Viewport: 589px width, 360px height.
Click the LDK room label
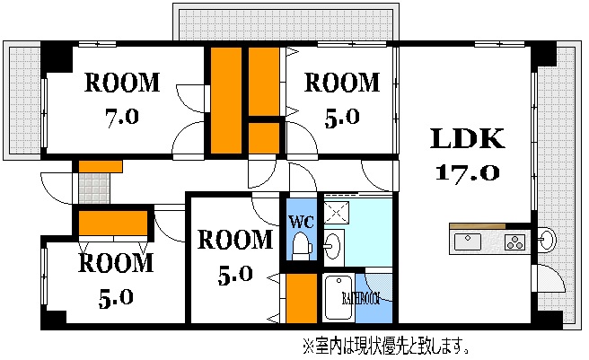(467, 139)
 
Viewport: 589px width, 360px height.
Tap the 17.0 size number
(468, 171)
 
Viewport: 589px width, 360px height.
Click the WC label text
(298, 221)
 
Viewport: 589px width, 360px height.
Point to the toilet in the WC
(301, 244)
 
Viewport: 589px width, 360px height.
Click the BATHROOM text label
(361, 297)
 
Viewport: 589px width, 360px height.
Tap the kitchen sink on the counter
(469, 241)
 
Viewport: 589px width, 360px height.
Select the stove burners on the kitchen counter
(515, 241)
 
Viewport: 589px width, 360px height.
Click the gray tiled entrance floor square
(92, 189)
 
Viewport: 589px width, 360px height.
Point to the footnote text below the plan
(386, 346)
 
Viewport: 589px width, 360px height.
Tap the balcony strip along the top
(283, 22)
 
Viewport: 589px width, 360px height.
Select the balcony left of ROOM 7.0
(22, 99)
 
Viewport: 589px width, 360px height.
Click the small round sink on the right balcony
(549, 239)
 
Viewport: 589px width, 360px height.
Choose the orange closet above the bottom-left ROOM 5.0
(113, 222)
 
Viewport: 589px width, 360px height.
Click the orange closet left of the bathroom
(302, 297)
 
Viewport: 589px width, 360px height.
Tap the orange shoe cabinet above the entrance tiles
(99, 166)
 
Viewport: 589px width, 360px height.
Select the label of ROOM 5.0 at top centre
(343, 83)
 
